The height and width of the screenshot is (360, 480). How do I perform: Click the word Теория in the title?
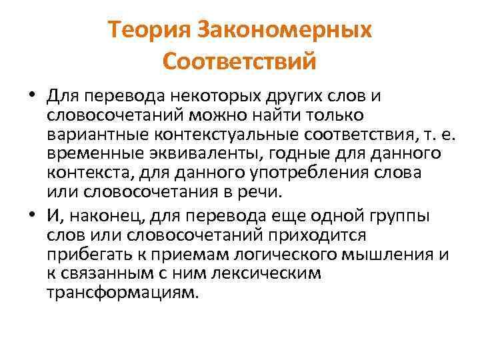coord(147,31)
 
